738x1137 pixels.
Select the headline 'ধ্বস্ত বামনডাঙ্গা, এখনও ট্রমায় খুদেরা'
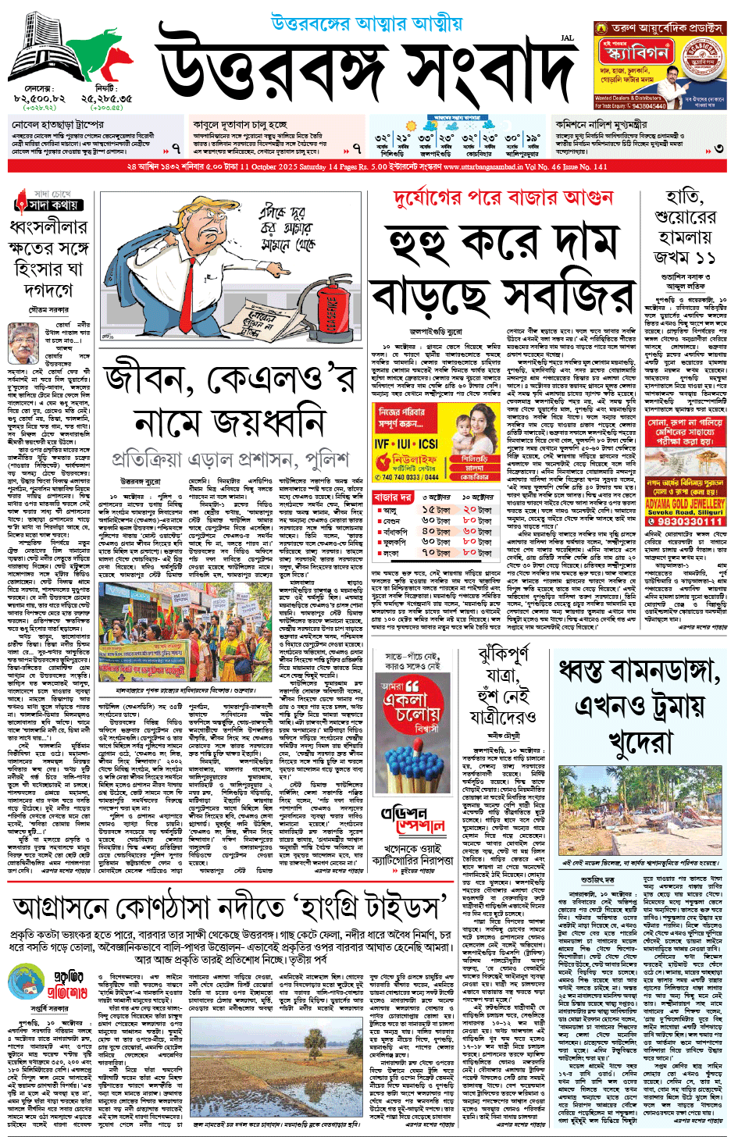click(x=639, y=705)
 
